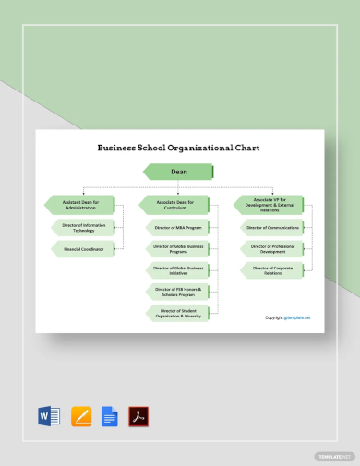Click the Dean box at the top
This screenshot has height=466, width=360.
click(x=179, y=171)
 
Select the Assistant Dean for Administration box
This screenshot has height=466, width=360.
click(x=81, y=204)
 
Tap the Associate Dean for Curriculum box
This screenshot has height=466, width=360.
click(x=175, y=204)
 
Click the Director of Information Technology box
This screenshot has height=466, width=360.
click(x=84, y=227)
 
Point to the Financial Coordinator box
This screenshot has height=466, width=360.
click(x=84, y=248)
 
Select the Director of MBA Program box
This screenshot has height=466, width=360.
click(x=179, y=227)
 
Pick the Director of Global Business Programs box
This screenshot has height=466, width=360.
click(x=179, y=248)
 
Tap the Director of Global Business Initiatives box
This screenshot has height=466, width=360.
click(x=179, y=269)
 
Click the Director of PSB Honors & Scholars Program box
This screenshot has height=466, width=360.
click(x=179, y=292)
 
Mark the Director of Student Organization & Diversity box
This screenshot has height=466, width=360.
click(x=179, y=313)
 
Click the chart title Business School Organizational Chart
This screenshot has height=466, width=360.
click(x=179, y=147)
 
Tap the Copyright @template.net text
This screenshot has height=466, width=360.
click(x=288, y=317)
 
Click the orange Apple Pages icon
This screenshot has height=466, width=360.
click(x=80, y=416)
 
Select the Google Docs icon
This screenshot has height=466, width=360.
click(x=109, y=416)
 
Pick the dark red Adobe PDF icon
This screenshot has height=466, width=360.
click(x=138, y=416)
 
